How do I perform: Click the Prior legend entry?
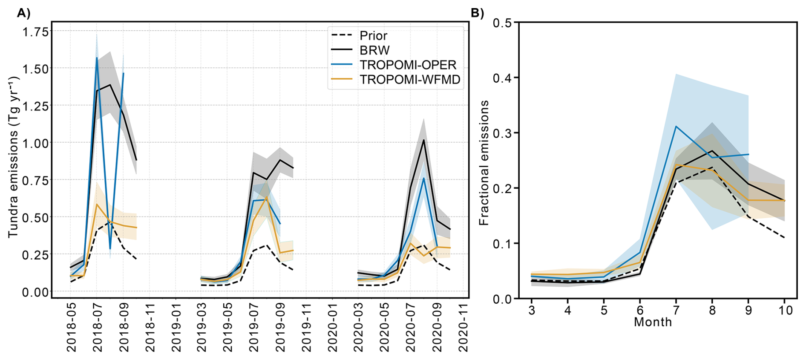click(373, 36)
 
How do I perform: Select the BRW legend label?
click(374, 50)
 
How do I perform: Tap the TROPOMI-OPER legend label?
click(408, 65)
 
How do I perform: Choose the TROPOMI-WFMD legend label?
click(410, 80)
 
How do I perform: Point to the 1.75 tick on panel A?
click(36, 32)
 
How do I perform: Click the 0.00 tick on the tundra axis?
click(36, 292)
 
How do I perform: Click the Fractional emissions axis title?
click(484, 163)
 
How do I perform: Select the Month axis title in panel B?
click(653, 322)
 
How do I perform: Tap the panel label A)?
click(24, 13)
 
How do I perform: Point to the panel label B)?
click(477, 13)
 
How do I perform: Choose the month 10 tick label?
click(785, 310)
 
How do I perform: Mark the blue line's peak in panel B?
click(676, 126)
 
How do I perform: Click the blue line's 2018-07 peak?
click(97, 58)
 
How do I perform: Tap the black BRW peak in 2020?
click(423, 140)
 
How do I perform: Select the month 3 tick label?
click(532, 310)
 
